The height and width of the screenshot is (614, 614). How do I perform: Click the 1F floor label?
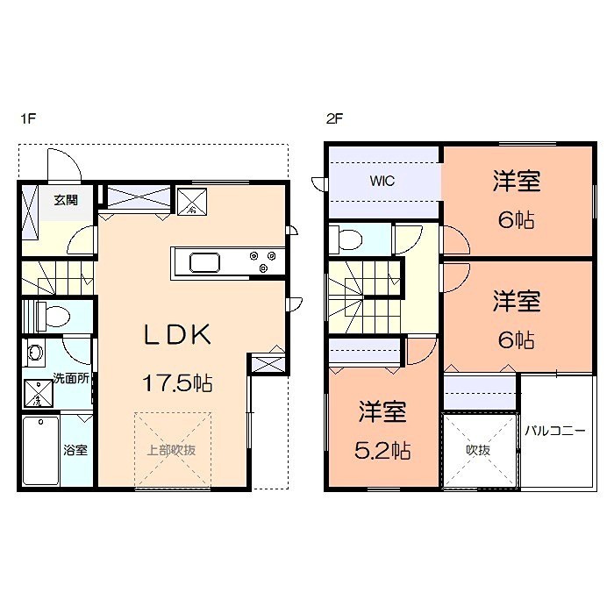tap(26, 120)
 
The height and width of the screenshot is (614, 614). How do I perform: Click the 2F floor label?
tap(333, 120)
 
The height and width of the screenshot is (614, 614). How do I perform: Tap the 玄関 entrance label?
tap(65, 200)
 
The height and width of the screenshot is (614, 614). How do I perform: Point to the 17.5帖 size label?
tap(179, 383)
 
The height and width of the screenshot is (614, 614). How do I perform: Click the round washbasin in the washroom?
tap(36, 353)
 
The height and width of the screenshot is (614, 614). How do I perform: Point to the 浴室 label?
tap(75, 451)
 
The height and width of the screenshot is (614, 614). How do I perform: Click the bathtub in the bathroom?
tap(40, 450)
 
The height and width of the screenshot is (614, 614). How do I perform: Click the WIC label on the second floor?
tap(382, 182)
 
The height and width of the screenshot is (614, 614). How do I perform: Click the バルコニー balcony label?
tap(554, 431)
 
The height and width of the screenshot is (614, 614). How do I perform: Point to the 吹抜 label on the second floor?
tap(477, 450)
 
